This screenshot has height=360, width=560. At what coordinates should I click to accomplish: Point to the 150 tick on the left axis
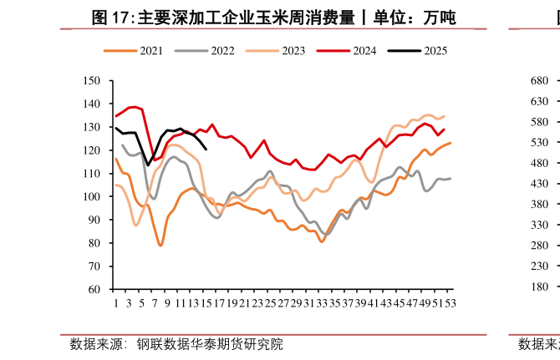92,81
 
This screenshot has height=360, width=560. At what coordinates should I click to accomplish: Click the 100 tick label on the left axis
92,197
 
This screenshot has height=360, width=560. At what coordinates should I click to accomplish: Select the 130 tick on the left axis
92,128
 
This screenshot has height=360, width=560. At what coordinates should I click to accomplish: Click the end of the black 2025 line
206,149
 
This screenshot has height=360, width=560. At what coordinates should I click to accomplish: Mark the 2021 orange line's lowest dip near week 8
160,246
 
